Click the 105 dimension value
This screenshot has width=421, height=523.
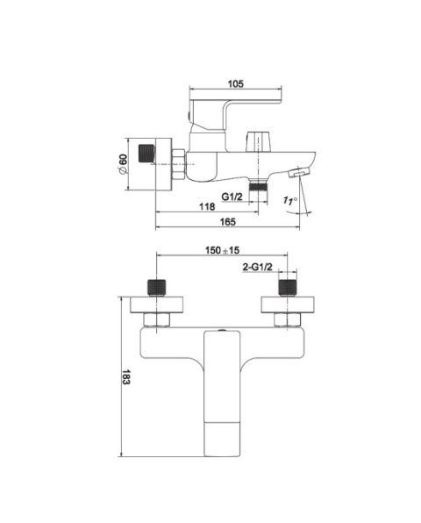click(236, 83)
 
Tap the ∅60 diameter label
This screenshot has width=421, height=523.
click(122, 164)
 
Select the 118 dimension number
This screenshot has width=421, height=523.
click(207, 207)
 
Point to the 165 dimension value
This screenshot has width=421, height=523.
click(228, 222)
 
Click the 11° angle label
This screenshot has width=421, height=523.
click(290, 201)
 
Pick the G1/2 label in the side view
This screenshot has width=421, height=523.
click(232, 197)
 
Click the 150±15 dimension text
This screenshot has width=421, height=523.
click(222, 250)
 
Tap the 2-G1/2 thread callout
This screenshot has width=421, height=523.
click(258, 267)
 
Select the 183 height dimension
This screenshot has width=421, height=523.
click(125, 377)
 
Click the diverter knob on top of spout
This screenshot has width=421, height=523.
click(259, 142)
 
